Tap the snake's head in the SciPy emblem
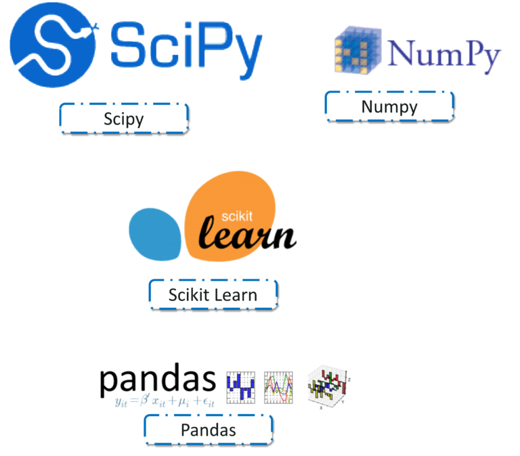(86, 32)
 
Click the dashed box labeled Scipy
(124, 118)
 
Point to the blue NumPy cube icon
(357, 50)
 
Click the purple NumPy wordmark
(444, 55)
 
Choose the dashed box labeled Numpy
(389, 106)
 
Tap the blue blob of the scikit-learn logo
(155, 234)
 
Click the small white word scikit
(237, 216)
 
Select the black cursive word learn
(247, 233)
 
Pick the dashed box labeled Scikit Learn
(213, 294)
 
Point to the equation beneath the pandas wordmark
(165, 401)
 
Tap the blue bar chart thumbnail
(241, 388)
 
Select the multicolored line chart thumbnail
(278, 388)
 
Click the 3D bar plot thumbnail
(328, 387)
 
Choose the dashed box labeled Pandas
(209, 430)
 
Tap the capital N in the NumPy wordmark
(403, 52)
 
